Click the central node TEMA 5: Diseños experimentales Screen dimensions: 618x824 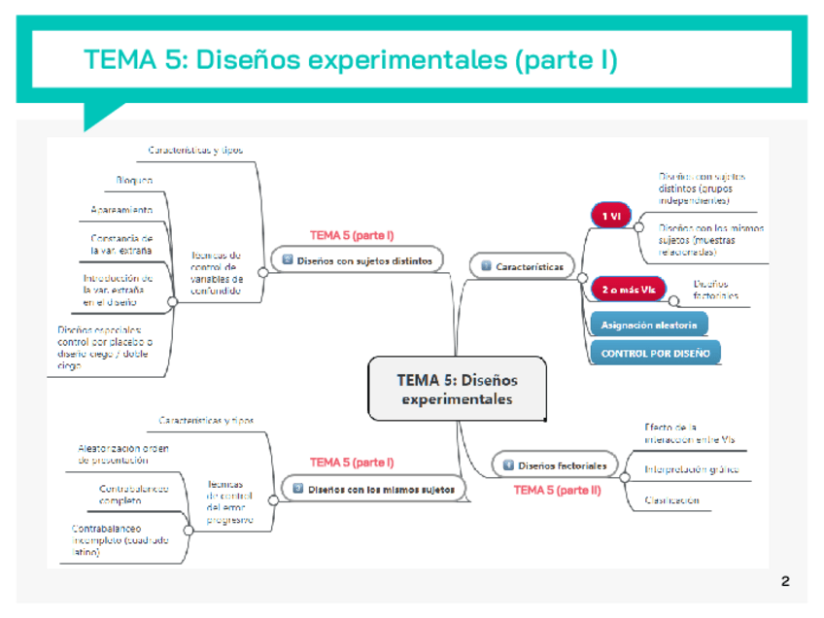point(457,389)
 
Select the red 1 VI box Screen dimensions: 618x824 point(610,216)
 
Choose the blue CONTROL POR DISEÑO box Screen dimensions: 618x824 point(655,353)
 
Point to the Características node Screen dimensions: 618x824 point(522,265)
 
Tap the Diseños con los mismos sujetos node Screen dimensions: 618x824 point(373,489)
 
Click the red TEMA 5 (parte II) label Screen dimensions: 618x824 point(558,491)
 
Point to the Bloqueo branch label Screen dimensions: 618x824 point(134,181)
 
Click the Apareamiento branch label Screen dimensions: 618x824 point(121,210)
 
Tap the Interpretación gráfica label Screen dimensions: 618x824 point(691,469)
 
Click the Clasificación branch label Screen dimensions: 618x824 point(671,500)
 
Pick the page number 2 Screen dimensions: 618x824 point(785,582)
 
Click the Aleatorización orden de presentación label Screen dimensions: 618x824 point(123,454)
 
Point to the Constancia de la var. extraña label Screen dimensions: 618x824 point(121,244)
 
